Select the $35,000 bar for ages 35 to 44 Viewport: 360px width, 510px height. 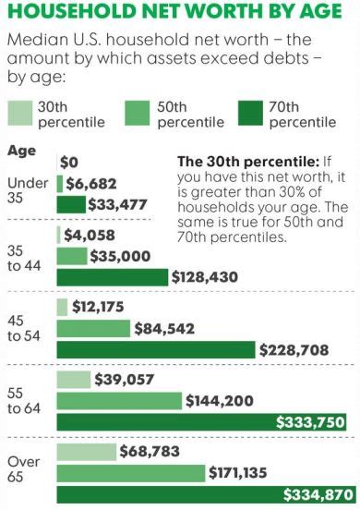point(73,255)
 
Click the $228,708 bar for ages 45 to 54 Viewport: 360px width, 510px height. point(156,349)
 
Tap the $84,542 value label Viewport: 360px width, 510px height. point(167,328)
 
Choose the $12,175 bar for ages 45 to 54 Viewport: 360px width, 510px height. point(63,307)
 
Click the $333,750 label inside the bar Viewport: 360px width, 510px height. point(311,422)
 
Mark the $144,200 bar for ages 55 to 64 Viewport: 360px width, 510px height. point(119,401)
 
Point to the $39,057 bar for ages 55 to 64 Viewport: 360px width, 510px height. point(74,380)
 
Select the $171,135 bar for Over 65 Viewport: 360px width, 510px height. point(131,473)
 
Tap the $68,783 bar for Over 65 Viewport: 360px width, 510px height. point(87,452)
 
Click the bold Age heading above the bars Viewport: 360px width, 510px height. point(22,150)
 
